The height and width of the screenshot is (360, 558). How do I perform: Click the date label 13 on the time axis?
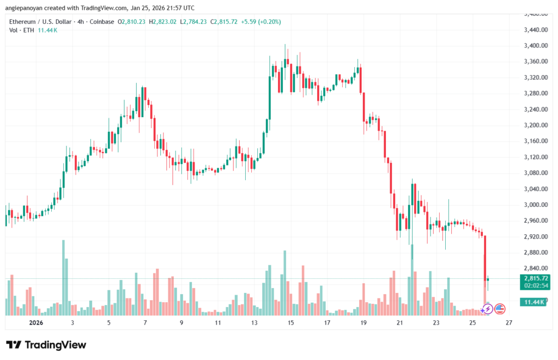click(254, 322)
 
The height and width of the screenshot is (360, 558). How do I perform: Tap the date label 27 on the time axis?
click(508, 322)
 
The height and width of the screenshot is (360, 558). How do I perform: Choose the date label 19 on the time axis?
click(363, 322)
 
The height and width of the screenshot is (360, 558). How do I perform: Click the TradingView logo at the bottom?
click(46, 345)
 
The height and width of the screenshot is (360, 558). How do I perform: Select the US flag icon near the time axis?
click(500, 309)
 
